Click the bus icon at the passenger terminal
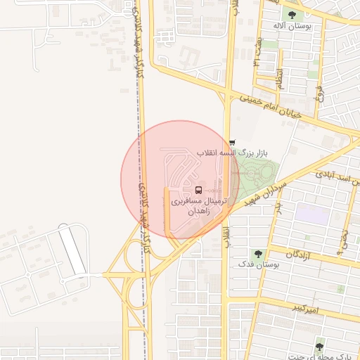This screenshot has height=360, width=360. [x=198, y=190]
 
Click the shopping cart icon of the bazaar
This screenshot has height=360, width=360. [x=233, y=143]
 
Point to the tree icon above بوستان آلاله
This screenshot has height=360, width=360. [x=291, y=15]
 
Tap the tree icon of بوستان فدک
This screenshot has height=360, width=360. [x=259, y=254]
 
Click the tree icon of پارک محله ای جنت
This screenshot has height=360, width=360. [x=320, y=347]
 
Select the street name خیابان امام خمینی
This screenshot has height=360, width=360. [x=271, y=106]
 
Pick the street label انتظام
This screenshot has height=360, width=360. [x=279, y=79]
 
